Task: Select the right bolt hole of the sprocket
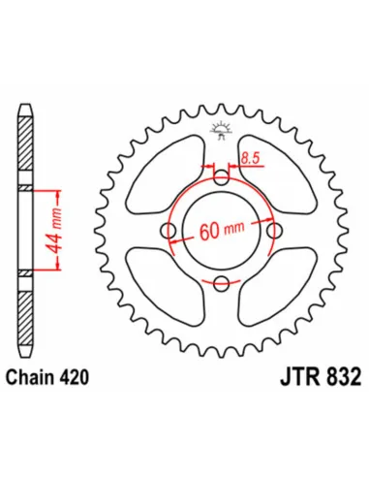tap(274, 231)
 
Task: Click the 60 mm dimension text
tap(222, 232)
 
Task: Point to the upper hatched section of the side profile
tap(25, 145)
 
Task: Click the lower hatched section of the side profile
tap(25, 315)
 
